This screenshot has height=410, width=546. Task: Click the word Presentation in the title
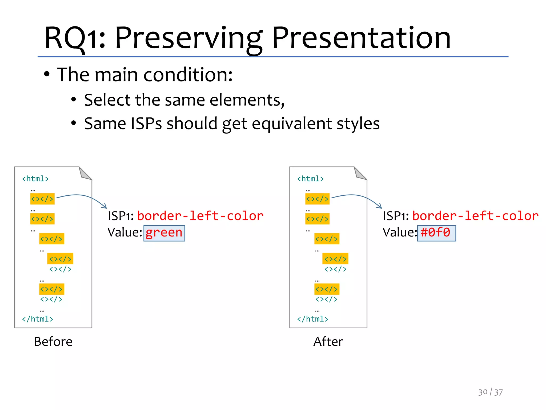coord(361,38)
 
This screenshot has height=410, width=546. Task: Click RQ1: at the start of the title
coord(75,38)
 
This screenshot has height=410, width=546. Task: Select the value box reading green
coord(164,233)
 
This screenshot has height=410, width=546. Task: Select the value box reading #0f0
coord(436,233)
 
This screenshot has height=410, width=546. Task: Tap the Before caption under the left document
coord(53,342)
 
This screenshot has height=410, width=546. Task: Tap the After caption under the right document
coord(328,342)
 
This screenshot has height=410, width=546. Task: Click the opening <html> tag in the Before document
coord(35,179)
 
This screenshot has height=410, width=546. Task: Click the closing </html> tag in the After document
coord(312,319)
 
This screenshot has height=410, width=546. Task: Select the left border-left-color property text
coord(200,216)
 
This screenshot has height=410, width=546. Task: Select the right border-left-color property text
coord(475,216)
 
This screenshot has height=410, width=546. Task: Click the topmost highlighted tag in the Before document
coord(42,199)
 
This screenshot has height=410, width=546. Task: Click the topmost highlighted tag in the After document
coord(317,199)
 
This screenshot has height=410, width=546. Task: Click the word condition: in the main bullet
coord(188,74)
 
